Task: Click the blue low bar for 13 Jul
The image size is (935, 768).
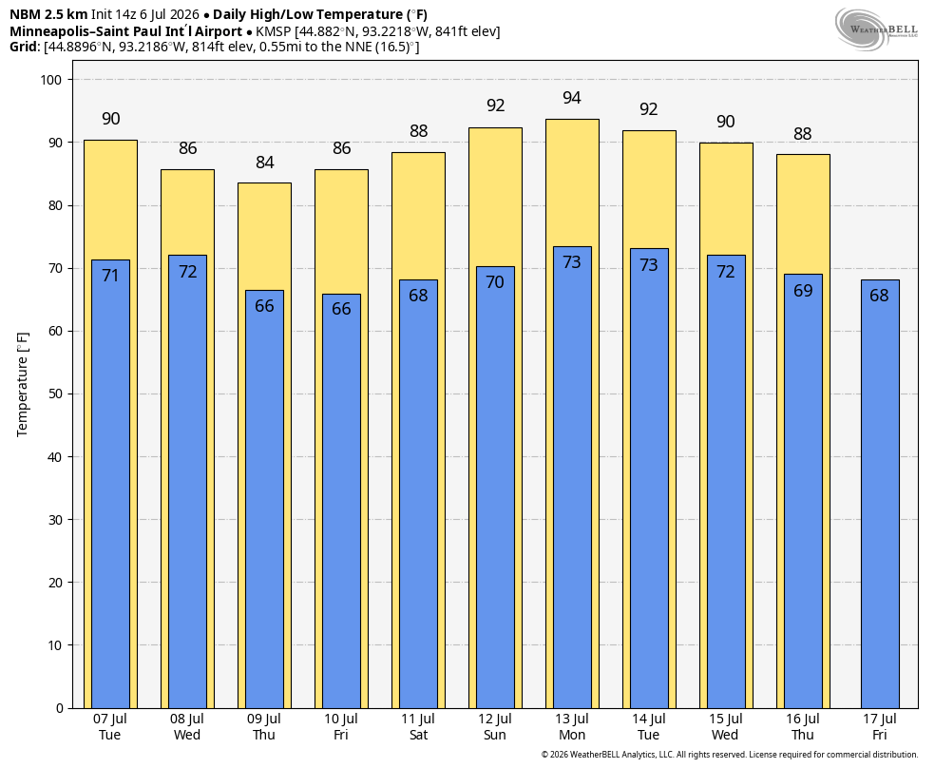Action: tap(572, 477)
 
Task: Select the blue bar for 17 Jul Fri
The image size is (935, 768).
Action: tap(880, 493)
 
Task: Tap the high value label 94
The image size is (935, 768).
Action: tap(572, 98)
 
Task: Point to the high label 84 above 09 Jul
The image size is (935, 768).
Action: tap(265, 163)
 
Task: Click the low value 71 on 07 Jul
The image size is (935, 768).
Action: tap(110, 276)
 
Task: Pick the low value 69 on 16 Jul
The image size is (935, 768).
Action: tap(803, 291)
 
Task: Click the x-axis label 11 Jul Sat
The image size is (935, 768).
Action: tap(418, 727)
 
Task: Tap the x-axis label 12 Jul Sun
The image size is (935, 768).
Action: tap(495, 727)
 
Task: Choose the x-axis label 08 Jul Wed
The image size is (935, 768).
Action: tap(187, 727)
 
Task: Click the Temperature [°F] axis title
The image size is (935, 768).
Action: tap(23, 385)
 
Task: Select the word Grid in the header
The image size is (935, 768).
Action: tap(23, 48)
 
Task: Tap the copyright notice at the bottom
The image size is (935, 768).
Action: tap(730, 755)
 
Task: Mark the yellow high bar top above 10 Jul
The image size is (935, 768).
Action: tap(342, 170)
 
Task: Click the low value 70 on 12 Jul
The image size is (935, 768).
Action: tap(495, 282)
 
